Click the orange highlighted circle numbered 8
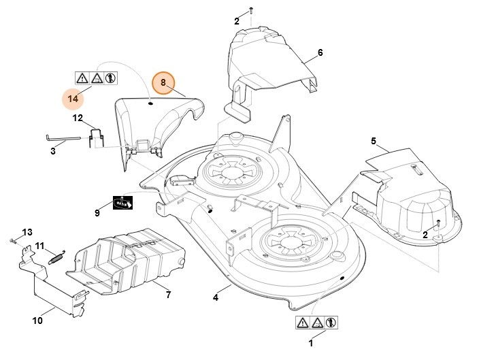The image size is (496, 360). (x=163, y=82)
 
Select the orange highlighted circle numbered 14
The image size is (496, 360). (x=73, y=99)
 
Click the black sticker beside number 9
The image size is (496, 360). (x=122, y=203)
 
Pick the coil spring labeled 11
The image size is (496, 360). (x=56, y=256)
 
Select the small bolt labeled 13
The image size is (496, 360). (x=14, y=240)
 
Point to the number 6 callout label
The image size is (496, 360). (x=320, y=52)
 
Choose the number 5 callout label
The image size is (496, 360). (x=374, y=141)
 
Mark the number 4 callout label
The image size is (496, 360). (x=216, y=297)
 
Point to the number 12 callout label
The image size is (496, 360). (x=78, y=118)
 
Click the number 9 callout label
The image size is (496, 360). (x=97, y=213)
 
